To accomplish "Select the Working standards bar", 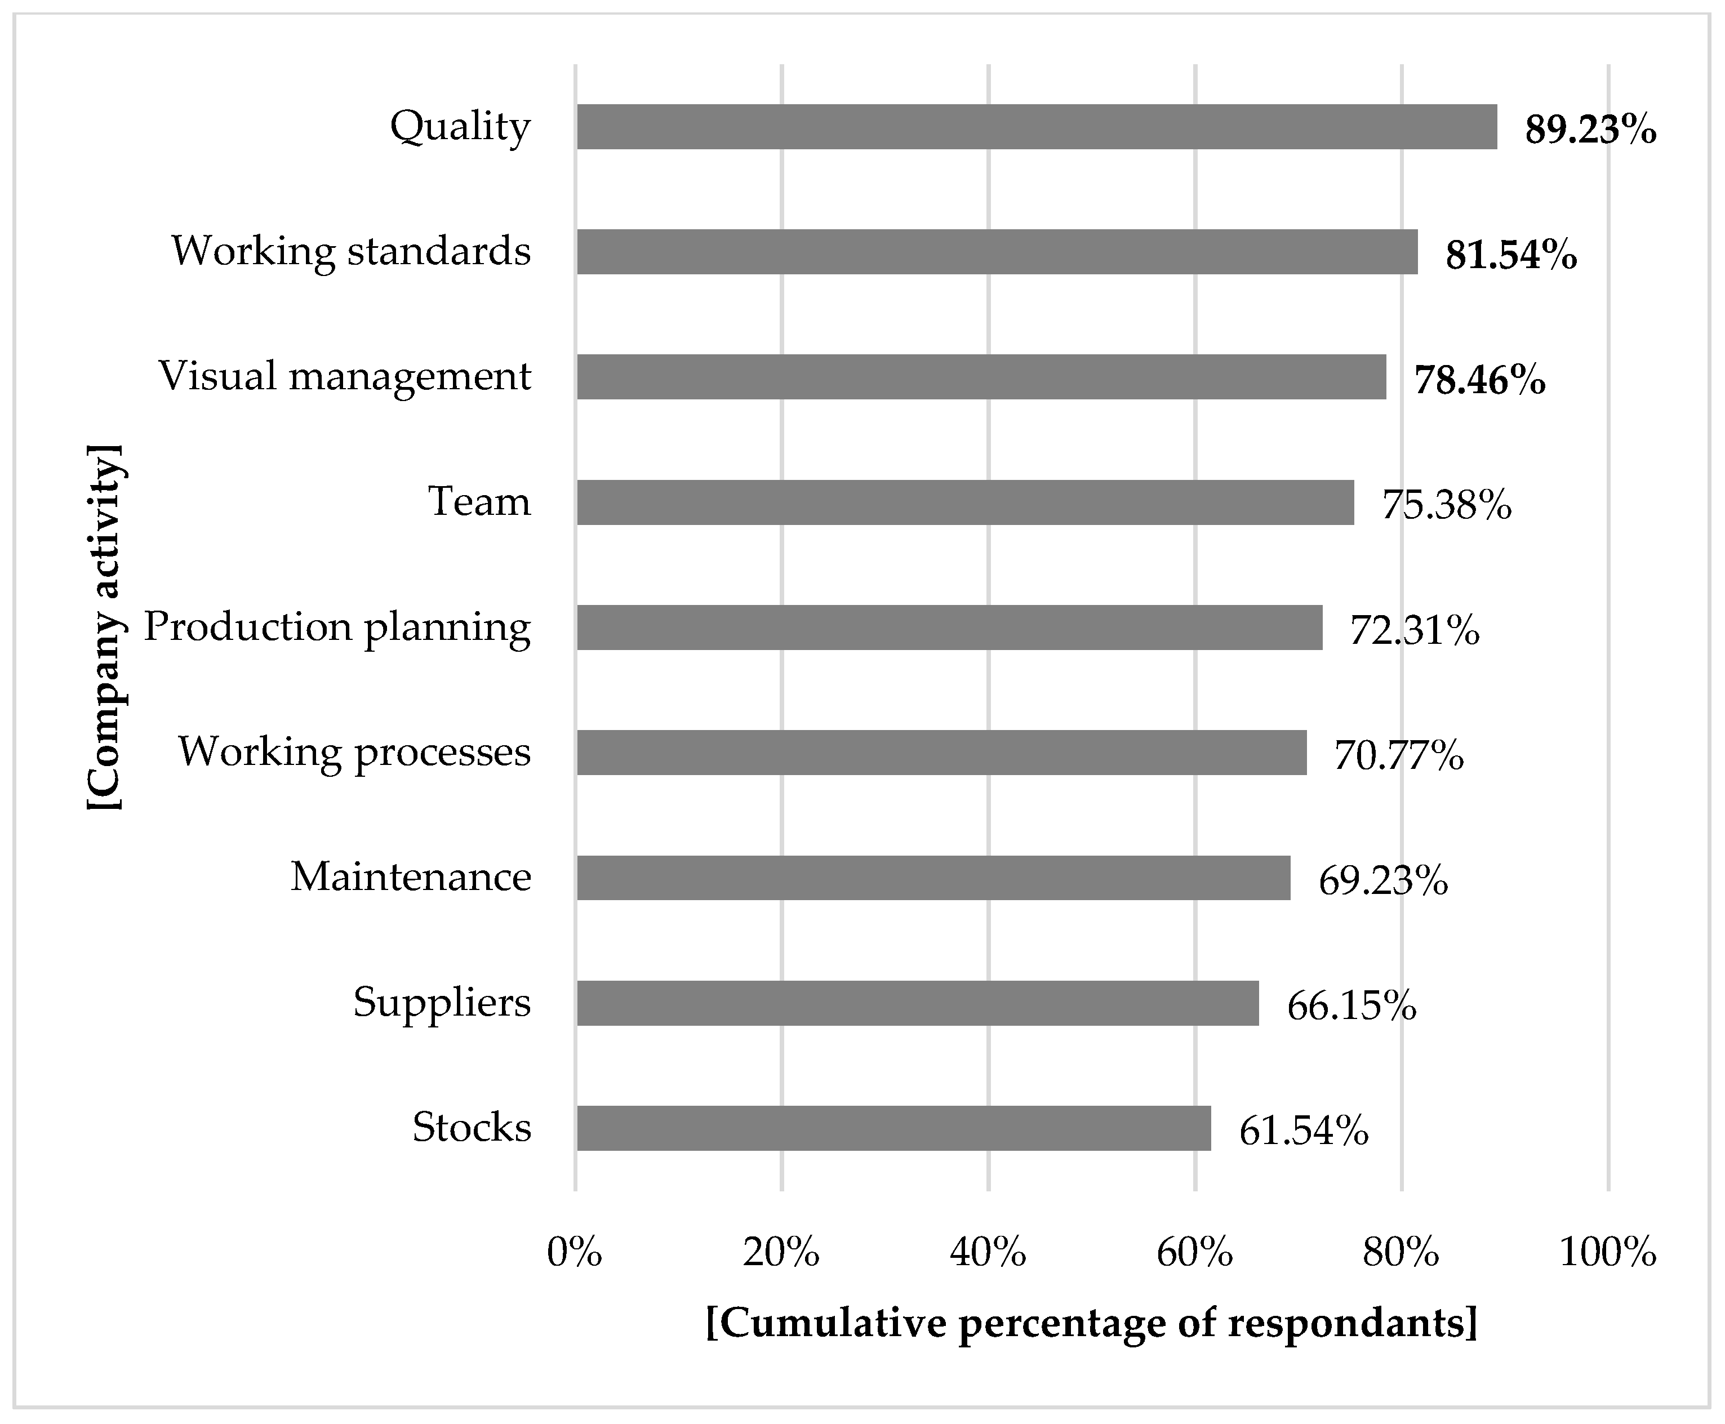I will [997, 252].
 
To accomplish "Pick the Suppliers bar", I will [917, 1003].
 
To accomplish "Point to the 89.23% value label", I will [1590, 130].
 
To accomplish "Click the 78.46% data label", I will [1479, 380].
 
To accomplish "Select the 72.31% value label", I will [1414, 631].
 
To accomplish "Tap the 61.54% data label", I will [1304, 1131].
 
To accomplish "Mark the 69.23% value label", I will [1383, 881].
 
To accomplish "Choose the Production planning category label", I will [337, 628].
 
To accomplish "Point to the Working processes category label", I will [354, 752].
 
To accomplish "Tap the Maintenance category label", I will [410, 877].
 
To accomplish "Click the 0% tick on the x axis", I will [574, 1253].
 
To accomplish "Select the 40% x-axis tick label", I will [988, 1253].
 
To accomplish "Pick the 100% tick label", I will [1607, 1253].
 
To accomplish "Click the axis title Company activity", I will [105, 628].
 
